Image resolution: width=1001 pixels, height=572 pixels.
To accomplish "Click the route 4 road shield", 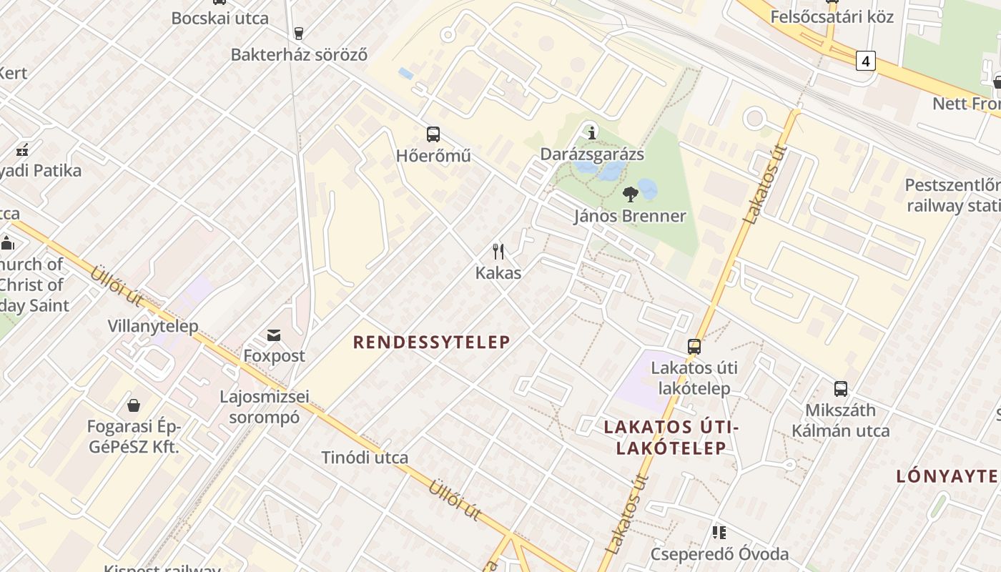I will pos(866,61).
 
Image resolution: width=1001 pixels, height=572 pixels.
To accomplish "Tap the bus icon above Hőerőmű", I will pos(433,134).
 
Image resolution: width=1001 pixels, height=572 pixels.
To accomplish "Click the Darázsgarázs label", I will pos(592,154).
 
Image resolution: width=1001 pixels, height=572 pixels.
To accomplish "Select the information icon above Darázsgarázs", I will pos(591,132).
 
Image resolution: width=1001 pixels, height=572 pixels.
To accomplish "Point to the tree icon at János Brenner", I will pos(630,194).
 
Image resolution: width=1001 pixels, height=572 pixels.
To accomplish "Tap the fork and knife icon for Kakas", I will pos(498,252).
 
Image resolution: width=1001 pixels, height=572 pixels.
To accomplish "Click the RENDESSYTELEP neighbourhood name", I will pos(432,342).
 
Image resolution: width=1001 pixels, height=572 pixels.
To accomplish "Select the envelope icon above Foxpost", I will pos(274,335).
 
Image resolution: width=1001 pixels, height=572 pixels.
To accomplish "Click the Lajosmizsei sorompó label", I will pos(265,407).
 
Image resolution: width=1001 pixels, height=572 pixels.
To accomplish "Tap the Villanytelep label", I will pos(152,326).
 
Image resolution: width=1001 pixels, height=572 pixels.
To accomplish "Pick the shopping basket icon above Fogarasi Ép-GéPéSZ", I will pos(133,405).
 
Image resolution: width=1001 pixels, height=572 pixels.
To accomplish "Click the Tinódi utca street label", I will pos(365,458).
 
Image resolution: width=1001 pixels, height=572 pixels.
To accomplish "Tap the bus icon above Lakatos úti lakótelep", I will pos(694,347).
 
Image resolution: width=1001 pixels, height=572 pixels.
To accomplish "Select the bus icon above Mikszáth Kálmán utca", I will pos(841,389).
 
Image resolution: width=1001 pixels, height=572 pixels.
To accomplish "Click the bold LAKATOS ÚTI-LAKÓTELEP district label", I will pos(671,438).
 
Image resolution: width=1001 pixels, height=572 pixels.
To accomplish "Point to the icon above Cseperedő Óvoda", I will pos(719,533).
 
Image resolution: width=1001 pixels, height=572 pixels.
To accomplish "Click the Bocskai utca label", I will pos(220,19).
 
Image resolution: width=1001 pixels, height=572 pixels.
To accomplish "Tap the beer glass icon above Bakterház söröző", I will pos(299,33).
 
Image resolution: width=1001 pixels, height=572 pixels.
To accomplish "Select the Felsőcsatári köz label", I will pos(832,16).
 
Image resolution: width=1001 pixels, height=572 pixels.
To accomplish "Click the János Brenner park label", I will pos(630,216).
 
